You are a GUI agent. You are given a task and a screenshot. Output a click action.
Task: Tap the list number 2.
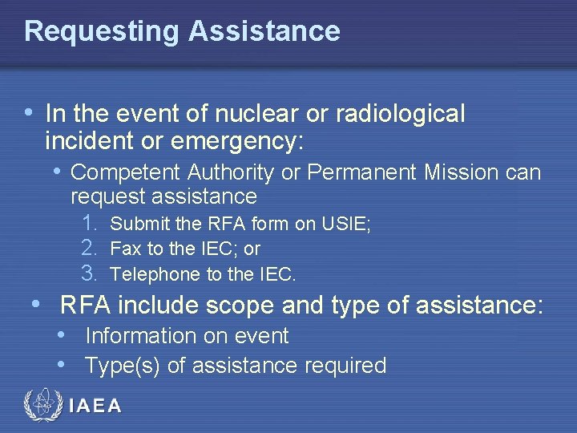pos(90,249)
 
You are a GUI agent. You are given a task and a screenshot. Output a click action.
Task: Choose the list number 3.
pos(90,273)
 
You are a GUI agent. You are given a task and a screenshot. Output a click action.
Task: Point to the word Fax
pos(124,249)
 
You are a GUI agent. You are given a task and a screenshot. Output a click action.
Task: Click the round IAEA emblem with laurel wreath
pos(41,406)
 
